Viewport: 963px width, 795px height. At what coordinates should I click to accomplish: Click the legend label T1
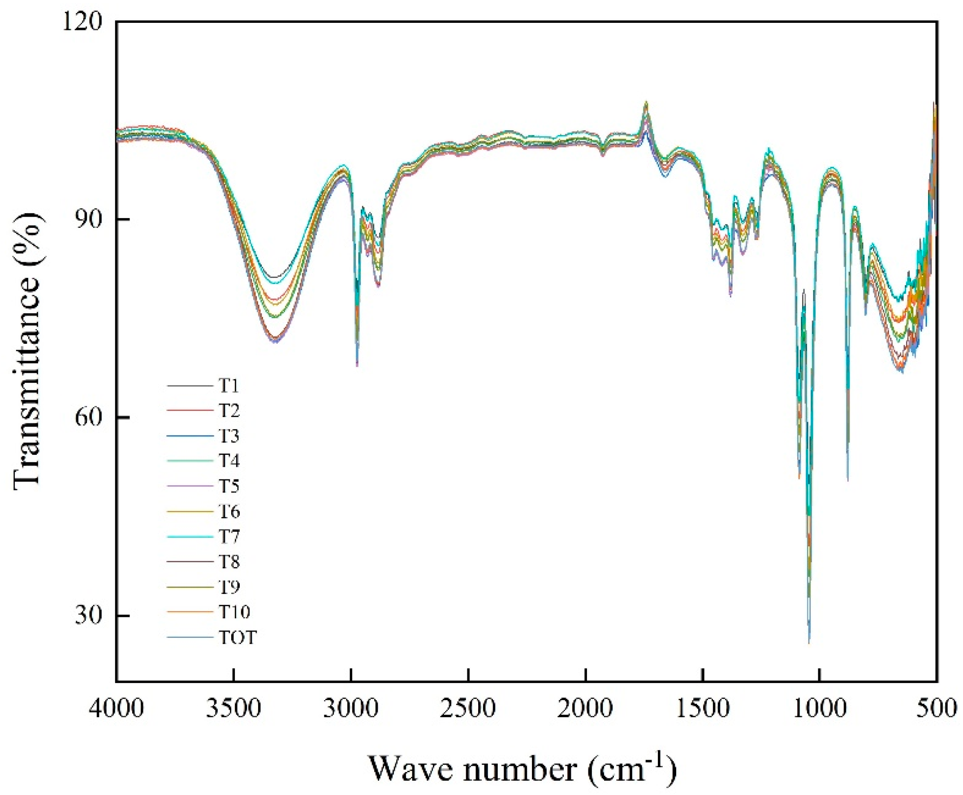228,386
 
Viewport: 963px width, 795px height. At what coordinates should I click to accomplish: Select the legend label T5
228,486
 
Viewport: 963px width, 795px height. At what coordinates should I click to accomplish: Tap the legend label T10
234,611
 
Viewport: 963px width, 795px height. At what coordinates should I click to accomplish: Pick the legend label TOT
238,637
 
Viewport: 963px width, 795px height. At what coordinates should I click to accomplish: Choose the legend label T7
228,536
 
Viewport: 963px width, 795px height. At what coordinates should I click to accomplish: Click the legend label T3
228,436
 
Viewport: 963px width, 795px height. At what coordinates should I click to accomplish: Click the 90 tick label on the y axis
89,219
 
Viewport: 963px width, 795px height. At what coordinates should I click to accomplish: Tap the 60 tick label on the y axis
89,417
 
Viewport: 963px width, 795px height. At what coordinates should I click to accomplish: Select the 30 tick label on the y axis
89,615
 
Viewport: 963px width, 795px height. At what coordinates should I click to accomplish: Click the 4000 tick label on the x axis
117,709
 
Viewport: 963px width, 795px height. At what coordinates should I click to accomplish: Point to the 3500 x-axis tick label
234,709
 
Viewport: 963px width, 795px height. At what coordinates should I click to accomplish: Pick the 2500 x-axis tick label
468,709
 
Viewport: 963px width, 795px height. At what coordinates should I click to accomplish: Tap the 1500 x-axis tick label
703,709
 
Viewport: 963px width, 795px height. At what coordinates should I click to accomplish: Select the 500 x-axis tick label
937,709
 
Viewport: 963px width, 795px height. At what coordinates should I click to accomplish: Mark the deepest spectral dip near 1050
809,641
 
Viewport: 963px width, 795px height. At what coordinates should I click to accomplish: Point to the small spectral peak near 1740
646,103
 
